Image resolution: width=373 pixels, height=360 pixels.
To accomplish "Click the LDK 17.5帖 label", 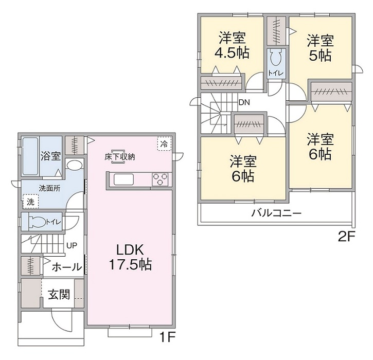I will click(129, 257).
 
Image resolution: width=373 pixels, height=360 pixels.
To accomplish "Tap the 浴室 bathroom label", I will click(50, 155).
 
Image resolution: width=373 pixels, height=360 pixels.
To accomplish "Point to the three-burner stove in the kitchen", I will click(161, 179).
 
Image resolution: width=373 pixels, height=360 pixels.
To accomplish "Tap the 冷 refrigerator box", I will click(164, 143).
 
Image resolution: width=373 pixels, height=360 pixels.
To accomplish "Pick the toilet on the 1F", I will click(38, 221).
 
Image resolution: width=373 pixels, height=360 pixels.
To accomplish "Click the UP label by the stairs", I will click(72, 245).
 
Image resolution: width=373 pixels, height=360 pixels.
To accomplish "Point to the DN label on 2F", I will click(244, 102).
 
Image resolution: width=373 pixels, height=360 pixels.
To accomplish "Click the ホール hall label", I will click(67, 267).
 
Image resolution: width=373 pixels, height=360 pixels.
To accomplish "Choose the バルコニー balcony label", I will click(276, 213).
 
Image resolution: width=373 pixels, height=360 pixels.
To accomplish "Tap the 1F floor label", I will click(165, 339).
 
